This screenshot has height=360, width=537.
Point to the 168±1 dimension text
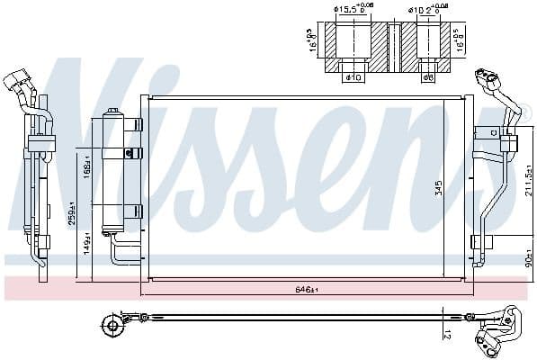(x=87, y=168)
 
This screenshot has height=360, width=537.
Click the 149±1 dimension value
(x=87, y=240)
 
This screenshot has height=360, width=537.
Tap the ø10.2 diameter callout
(x=427, y=11)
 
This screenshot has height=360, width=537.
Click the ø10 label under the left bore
(x=354, y=76)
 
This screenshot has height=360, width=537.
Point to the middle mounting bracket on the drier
(x=133, y=152)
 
